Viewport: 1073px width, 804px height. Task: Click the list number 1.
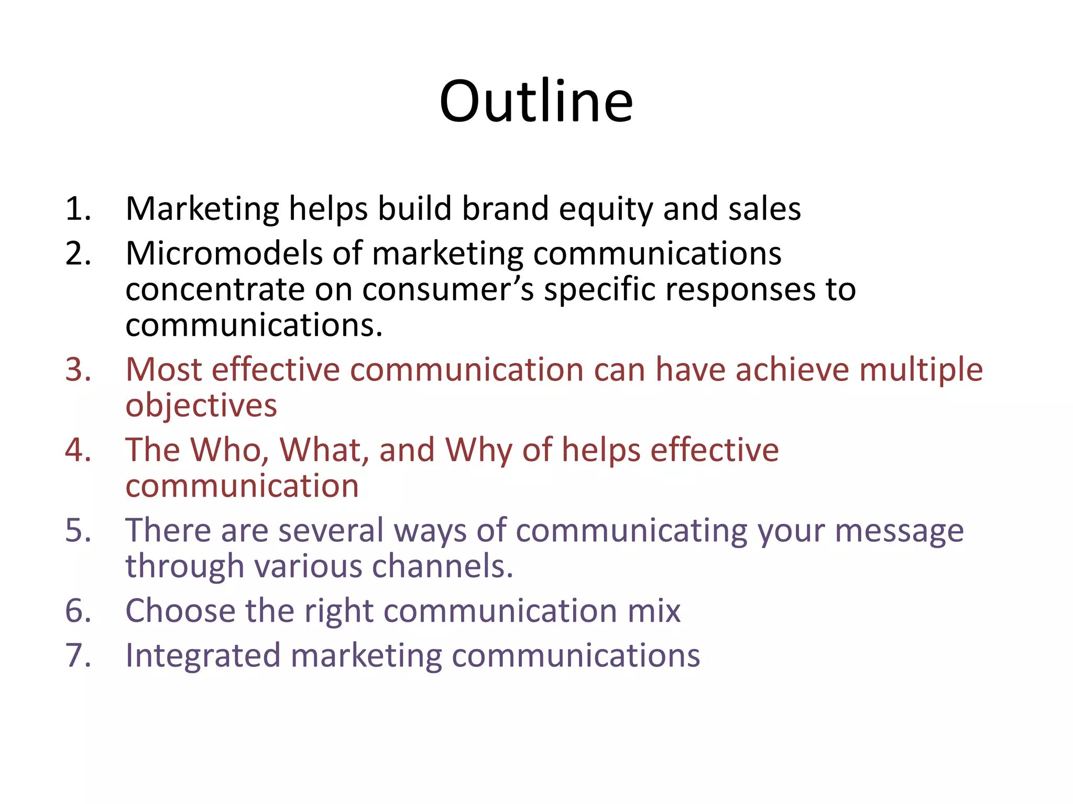point(78,208)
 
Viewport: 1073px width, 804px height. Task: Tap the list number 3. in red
point(78,370)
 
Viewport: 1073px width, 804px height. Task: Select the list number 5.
point(78,530)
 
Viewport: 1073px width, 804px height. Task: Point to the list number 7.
point(78,655)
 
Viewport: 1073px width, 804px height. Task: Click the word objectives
point(201,406)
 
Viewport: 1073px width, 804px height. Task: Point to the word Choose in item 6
point(180,611)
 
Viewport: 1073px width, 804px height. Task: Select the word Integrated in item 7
point(203,656)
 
